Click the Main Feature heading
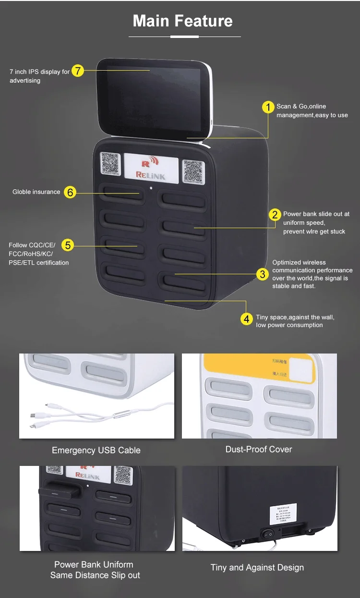click(x=182, y=21)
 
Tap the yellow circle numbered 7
click(x=78, y=71)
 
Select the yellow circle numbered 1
click(x=268, y=107)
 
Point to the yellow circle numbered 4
click(x=247, y=318)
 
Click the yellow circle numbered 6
click(x=70, y=192)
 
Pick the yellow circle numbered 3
click(x=262, y=274)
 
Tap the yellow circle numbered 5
click(x=68, y=245)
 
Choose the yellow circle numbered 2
click(x=275, y=215)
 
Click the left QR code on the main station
click(x=110, y=163)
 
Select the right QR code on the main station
click(x=193, y=171)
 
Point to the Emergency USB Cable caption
click(x=96, y=450)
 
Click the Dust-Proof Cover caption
click(x=259, y=449)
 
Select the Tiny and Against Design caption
click(x=257, y=567)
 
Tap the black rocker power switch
click(x=270, y=533)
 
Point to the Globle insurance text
click(x=36, y=192)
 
